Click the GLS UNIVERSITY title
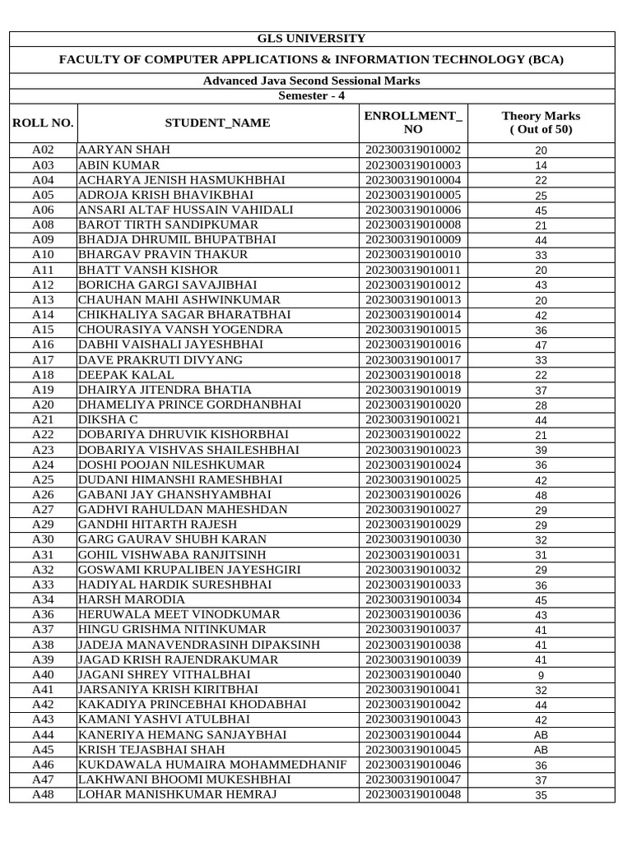pyautogui.click(x=312, y=39)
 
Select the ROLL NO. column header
pyautogui.click(x=43, y=123)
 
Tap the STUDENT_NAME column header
pyautogui.click(x=217, y=123)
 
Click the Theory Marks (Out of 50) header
pyautogui.click(x=541, y=123)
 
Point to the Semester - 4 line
pyautogui.click(x=312, y=95)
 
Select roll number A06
pyautogui.click(x=43, y=210)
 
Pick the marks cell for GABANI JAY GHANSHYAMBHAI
pyautogui.click(x=541, y=496)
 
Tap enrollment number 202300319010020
pyautogui.click(x=413, y=405)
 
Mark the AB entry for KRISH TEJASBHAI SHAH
pyautogui.click(x=541, y=751)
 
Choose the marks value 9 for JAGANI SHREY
pyautogui.click(x=541, y=676)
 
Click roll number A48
pyautogui.click(x=43, y=795)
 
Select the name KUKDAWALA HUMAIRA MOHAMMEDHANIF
pyautogui.click(x=212, y=765)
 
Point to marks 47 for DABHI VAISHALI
pyautogui.click(x=541, y=345)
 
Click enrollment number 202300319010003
pyautogui.click(x=413, y=165)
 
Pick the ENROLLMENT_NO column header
pyautogui.click(x=413, y=123)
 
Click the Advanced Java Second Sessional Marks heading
pyautogui.click(x=312, y=81)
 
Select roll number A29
pyautogui.click(x=43, y=525)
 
